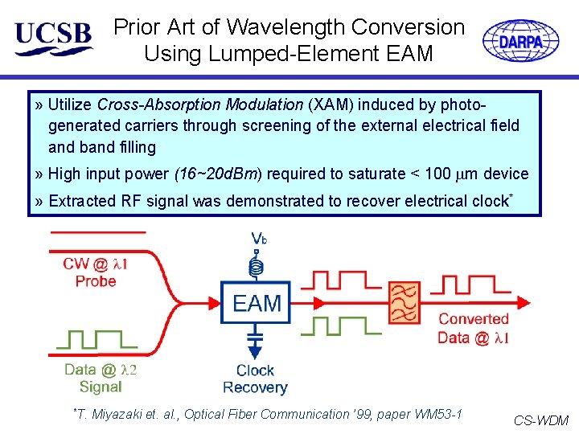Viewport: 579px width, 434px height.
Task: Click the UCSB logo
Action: tap(53, 38)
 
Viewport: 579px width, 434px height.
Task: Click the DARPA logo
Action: tap(520, 40)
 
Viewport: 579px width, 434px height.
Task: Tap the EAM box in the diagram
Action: tap(257, 303)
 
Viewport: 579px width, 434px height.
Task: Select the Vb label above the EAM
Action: tap(259, 239)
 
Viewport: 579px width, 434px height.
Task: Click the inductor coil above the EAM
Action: tap(257, 263)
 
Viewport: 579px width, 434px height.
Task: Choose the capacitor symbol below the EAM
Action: tap(256, 334)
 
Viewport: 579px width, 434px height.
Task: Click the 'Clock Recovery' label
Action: tap(255, 379)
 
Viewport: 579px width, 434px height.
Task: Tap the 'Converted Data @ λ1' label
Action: tap(474, 329)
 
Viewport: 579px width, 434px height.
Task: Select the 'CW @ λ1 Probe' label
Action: tap(96, 272)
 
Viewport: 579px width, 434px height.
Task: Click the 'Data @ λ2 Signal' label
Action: tap(101, 378)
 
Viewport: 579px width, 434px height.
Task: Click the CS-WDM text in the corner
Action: tap(540, 420)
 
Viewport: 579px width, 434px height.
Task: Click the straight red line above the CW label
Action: tap(97, 232)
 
